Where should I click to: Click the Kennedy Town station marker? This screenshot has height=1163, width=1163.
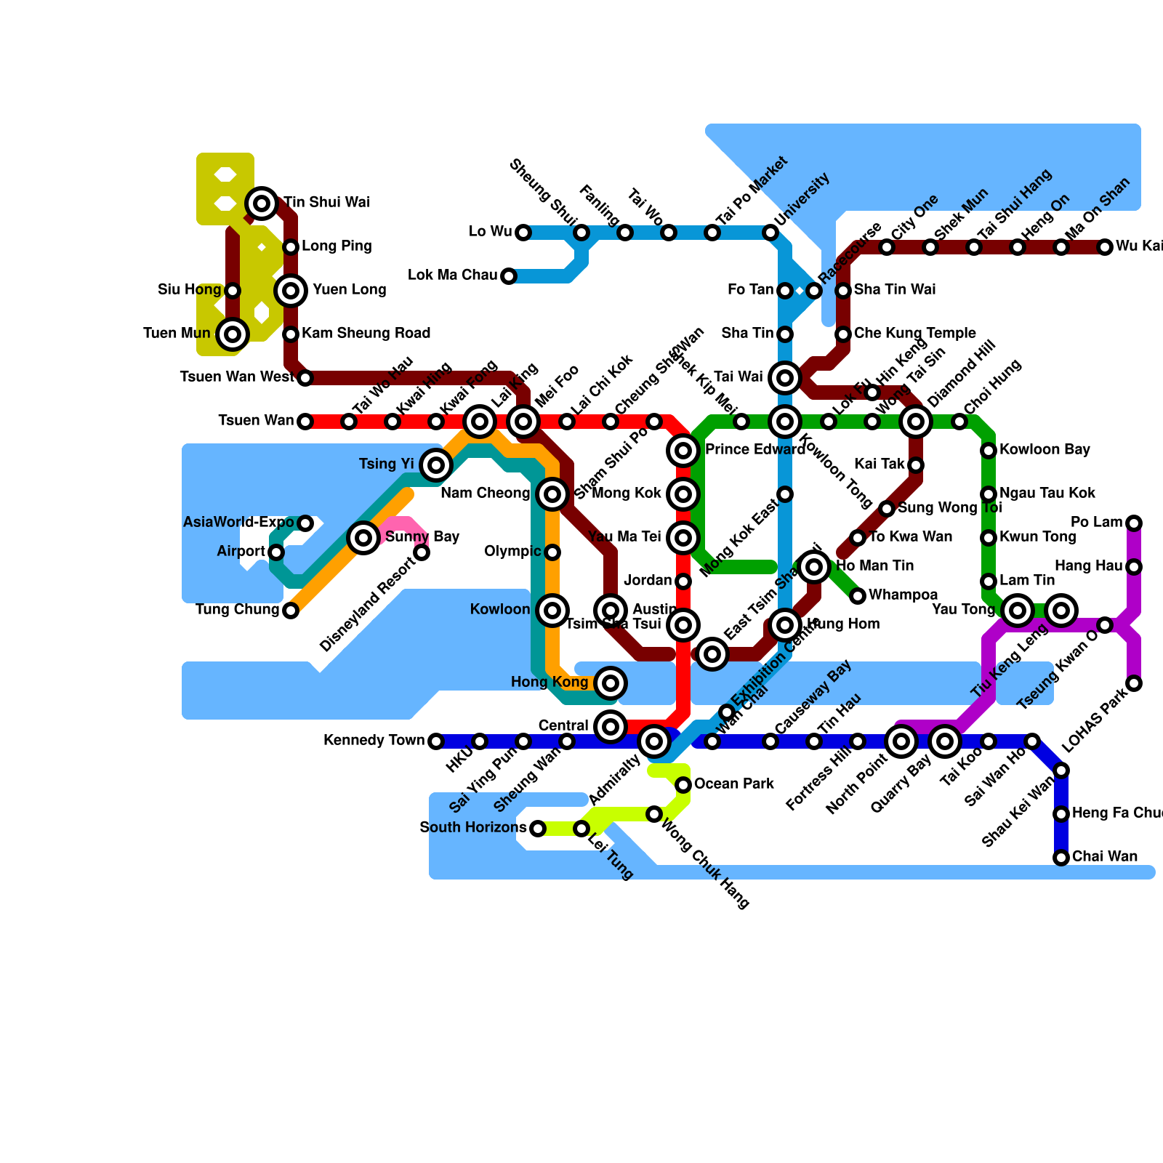[x=435, y=741]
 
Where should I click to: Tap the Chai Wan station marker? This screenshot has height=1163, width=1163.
[x=1061, y=858]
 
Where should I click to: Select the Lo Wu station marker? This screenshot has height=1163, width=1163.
[x=523, y=233]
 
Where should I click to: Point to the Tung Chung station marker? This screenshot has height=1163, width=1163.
[x=291, y=611]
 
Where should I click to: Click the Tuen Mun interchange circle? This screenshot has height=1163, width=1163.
[x=233, y=334]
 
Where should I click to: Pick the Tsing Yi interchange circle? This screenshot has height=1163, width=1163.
[x=436, y=465]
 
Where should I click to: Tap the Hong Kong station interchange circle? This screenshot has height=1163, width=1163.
[x=611, y=683]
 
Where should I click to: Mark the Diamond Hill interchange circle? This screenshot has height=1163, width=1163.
[x=916, y=422]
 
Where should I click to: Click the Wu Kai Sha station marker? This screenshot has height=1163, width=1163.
[x=1105, y=247]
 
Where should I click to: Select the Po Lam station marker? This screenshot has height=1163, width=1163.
[x=1134, y=523]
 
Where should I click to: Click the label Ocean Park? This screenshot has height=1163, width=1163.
[x=733, y=784]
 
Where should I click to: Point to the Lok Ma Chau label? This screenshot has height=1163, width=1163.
[x=452, y=275]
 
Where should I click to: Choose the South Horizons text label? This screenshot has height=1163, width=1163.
[x=472, y=828]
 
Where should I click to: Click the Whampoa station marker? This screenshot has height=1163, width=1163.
[x=858, y=596]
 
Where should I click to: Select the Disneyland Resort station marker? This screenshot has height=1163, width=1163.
[x=422, y=552]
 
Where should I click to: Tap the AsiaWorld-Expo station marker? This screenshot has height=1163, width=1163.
[x=305, y=523]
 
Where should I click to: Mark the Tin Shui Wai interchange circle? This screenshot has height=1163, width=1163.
[x=262, y=203]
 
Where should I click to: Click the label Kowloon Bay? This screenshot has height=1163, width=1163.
[x=1045, y=450]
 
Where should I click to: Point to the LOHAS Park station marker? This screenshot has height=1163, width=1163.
[x=1134, y=683]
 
